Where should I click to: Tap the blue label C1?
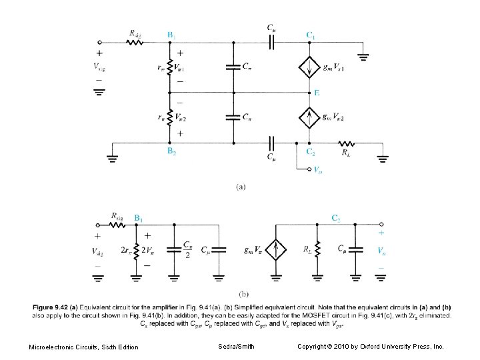(311, 34)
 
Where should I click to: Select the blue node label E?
(317, 93)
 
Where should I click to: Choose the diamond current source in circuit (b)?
(275, 251)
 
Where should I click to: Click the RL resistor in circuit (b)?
(317, 251)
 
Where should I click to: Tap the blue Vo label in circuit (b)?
(381, 251)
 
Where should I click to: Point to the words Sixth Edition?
(119, 347)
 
